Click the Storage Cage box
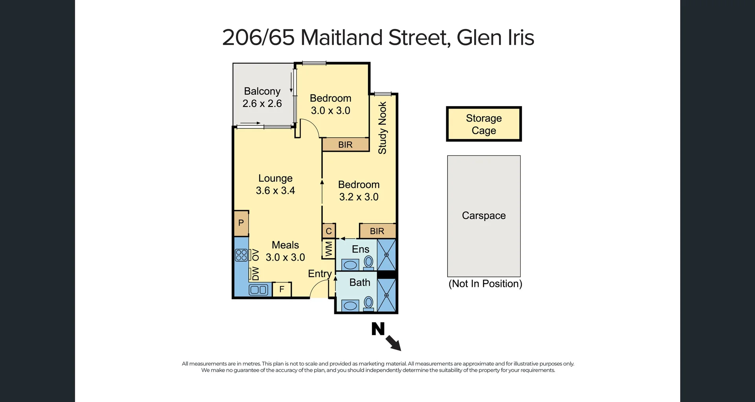[484, 124]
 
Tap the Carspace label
[484, 215]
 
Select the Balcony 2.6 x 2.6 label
[262, 97]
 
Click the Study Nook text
[382, 128]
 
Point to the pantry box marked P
[241, 223]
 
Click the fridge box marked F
[282, 290]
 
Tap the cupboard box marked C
[329, 231]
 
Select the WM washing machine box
[329, 249]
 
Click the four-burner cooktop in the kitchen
[241, 255]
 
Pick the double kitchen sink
[258, 290]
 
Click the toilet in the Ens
[368, 262]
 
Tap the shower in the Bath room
[386, 295]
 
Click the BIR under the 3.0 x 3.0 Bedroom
[345, 145]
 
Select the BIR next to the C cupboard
[377, 231]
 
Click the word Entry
[320, 274]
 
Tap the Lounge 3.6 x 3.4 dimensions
[275, 191]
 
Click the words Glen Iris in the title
[495, 38]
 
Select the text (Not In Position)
[485, 284]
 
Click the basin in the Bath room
[350, 305]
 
